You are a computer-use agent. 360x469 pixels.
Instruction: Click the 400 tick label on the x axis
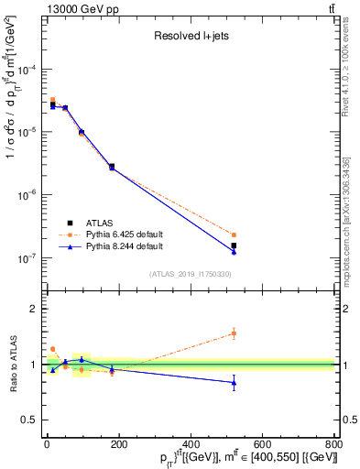pos(191,445)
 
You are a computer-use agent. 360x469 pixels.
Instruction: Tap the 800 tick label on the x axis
pos(333,445)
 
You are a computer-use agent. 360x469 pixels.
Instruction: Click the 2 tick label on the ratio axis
pos(36,309)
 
